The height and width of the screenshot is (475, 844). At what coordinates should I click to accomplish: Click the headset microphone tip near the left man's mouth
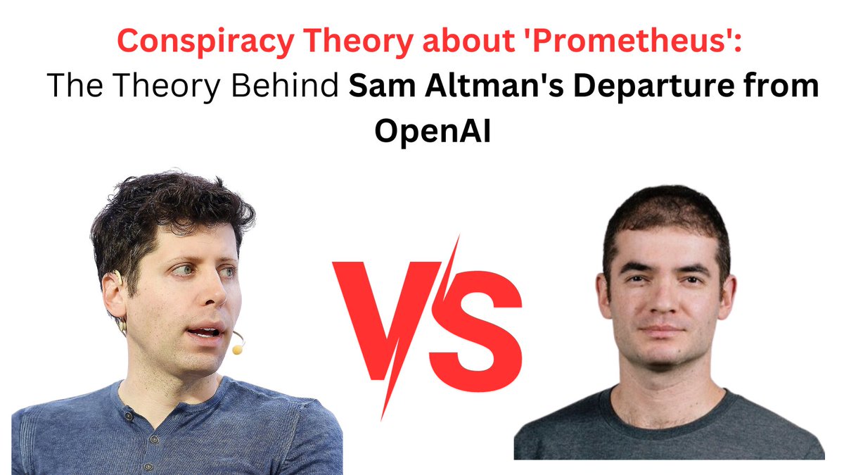click(238, 348)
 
